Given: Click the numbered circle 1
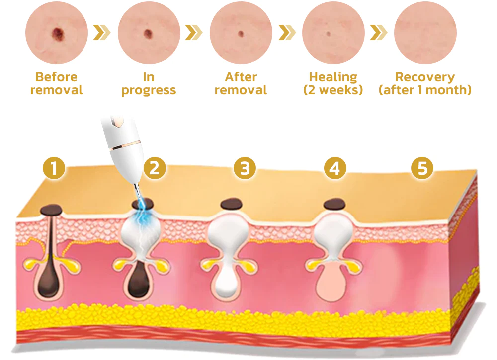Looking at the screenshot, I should (54, 169).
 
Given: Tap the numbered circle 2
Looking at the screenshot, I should (154, 169).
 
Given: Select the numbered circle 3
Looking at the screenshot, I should (245, 169).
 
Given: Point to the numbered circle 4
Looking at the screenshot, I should (334, 169).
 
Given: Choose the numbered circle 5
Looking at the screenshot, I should (422, 169).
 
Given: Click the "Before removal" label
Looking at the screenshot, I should (56, 83).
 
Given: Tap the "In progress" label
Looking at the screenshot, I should (149, 83).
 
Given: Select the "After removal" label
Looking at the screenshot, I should (241, 83).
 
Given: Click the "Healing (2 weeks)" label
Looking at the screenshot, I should (333, 83).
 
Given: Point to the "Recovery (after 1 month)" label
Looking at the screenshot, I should (425, 83).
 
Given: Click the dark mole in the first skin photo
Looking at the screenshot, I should (58, 34).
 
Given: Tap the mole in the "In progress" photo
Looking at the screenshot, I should (148, 34).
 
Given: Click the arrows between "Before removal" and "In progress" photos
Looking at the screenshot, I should (102, 33).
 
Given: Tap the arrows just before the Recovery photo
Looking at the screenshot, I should (379, 33).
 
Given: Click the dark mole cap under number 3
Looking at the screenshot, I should (230, 204).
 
